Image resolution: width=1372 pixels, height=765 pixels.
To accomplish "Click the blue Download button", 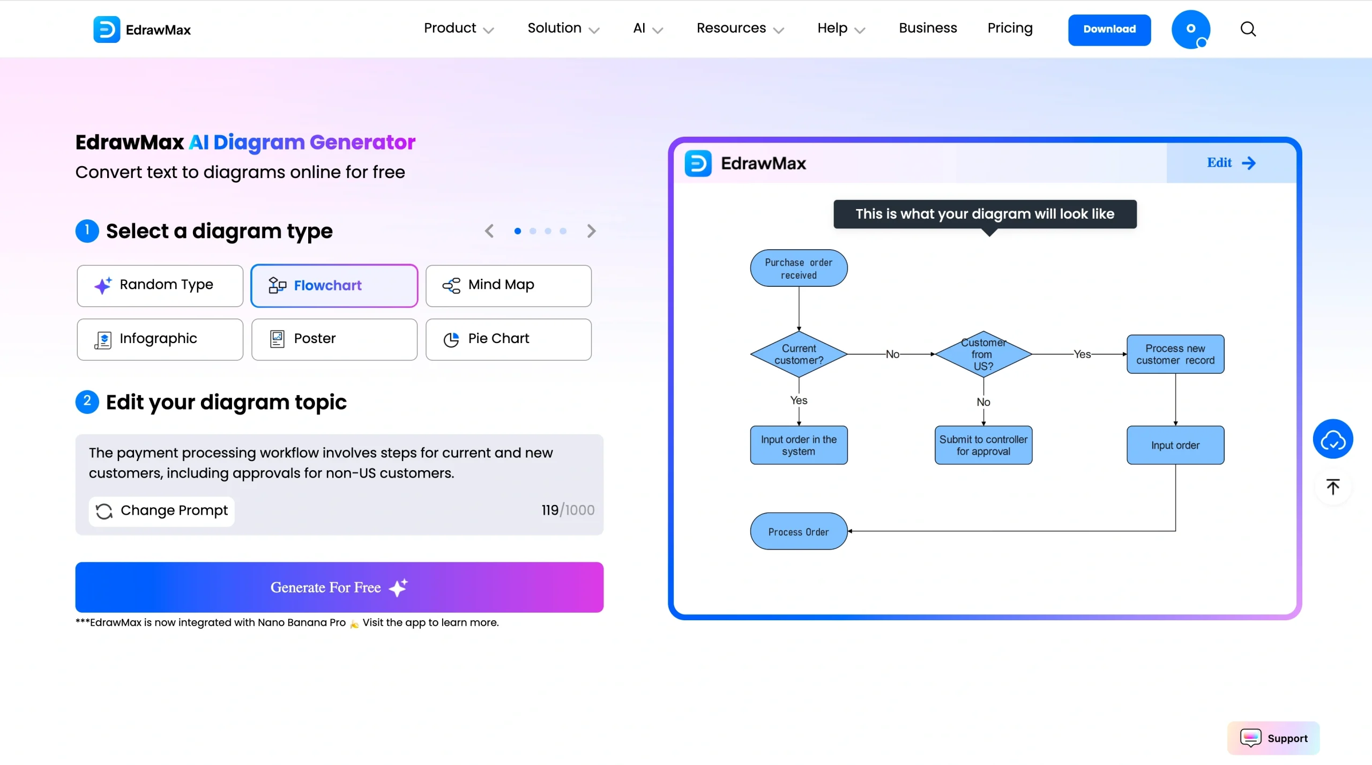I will coord(1109,29).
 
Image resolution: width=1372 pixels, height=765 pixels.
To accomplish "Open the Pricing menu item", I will coord(1010,28).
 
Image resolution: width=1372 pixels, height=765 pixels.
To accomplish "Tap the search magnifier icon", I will coord(1248,29).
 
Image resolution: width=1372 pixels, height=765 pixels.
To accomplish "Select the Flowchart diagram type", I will coord(334,286).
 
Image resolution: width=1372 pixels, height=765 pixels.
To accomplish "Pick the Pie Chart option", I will coord(508,339).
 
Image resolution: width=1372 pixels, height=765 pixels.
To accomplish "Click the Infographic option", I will coord(160,339).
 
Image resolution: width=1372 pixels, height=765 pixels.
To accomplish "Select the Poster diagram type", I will coord(334,339).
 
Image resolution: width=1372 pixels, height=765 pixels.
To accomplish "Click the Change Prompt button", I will coord(162,511).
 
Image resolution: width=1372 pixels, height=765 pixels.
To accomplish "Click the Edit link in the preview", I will coord(1231,163).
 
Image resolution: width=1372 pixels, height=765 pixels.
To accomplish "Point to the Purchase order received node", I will coord(799,268).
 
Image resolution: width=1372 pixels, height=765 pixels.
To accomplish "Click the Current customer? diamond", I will coord(799,354).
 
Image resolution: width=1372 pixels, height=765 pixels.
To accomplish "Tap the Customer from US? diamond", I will coord(983,354).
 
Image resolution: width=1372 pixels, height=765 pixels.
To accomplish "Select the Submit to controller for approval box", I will coord(983,445).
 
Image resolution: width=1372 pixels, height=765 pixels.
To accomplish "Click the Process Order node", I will coord(799,532).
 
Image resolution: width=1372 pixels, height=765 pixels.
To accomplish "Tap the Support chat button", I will coord(1273,738).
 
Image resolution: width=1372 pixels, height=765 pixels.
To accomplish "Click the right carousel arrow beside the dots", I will coord(591,231).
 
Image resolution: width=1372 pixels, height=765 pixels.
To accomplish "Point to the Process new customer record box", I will coord(1175,354).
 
